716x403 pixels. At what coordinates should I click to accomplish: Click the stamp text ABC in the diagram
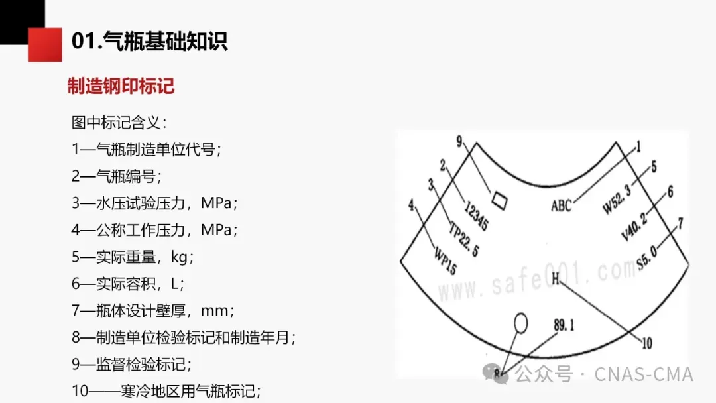point(561,205)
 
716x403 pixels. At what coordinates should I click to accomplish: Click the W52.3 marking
point(617,198)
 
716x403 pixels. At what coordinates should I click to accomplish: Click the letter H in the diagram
point(556,278)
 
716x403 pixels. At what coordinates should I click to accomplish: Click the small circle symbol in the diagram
point(520,324)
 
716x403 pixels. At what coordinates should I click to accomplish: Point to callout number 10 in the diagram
point(647,343)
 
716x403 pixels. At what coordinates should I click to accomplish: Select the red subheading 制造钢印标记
point(121,86)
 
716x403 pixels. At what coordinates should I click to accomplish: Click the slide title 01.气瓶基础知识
point(149,42)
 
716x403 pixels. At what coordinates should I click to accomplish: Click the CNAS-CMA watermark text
point(643,374)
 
